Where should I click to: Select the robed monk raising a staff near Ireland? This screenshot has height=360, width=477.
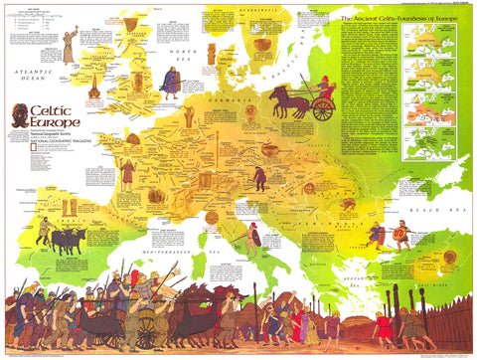(69, 48)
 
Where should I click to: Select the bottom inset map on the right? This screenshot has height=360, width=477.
(443, 144)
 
